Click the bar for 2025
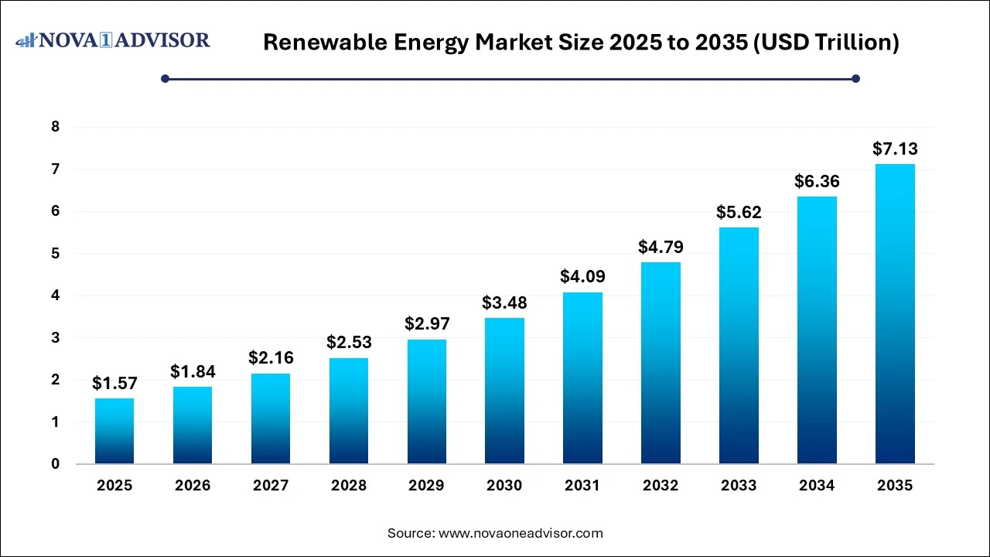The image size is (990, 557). (114, 432)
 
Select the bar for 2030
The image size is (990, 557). (504, 391)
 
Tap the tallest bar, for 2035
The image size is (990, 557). (895, 313)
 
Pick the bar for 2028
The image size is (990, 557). (348, 411)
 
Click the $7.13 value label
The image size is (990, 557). (895, 149)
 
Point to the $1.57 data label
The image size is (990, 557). (114, 383)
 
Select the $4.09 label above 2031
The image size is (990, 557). (582, 276)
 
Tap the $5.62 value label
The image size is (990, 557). (739, 212)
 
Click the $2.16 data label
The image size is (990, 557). (270, 358)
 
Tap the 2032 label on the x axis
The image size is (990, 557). (661, 486)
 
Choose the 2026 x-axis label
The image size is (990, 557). (193, 486)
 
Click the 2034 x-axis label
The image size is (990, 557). (817, 486)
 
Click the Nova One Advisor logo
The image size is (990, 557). (113, 39)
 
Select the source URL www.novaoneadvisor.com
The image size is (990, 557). (521, 533)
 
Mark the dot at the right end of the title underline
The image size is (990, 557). (855, 78)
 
